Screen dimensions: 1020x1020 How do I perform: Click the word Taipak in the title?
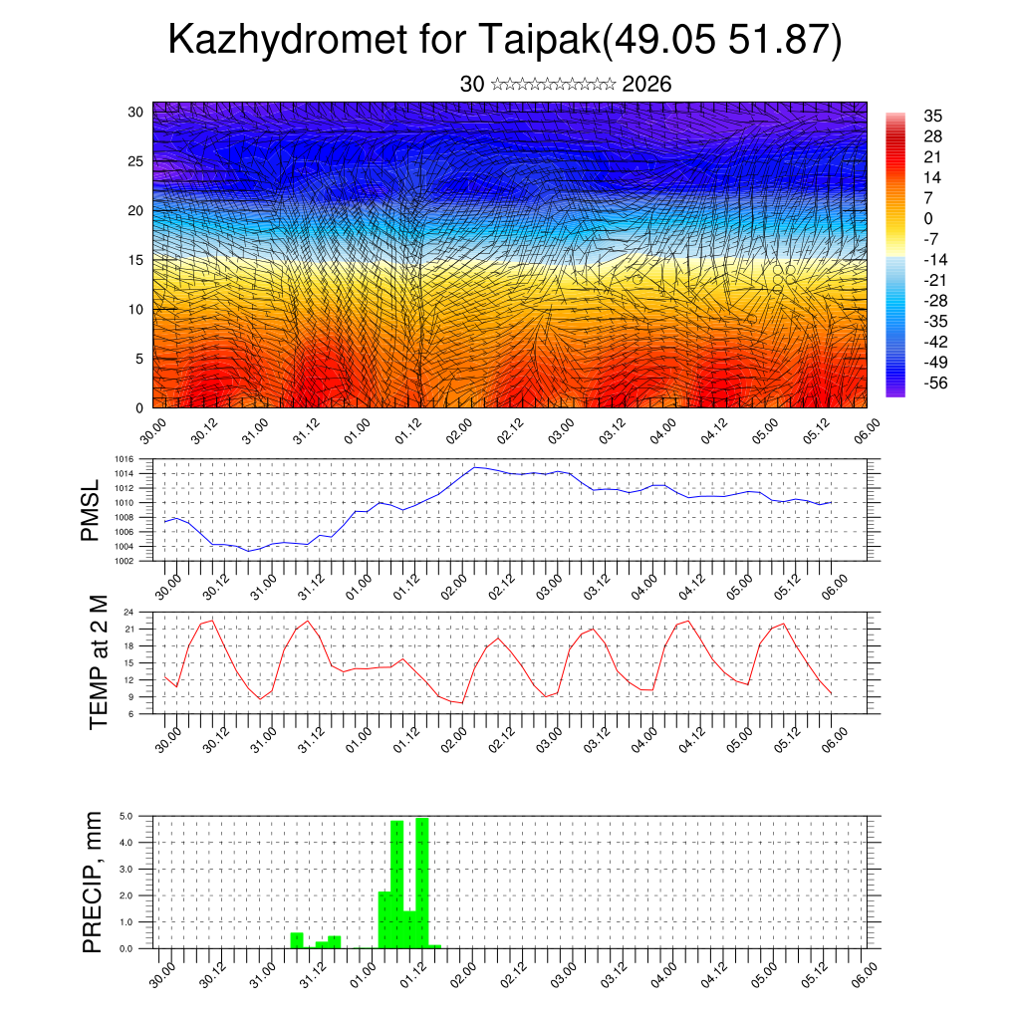(x=540, y=42)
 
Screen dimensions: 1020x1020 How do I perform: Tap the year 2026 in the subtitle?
(x=646, y=85)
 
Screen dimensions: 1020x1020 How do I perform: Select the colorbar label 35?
(x=933, y=116)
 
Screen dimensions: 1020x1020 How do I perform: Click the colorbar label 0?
(x=928, y=218)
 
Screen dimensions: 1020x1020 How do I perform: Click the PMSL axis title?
(x=91, y=511)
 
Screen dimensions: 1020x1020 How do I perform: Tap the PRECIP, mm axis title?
(x=93, y=881)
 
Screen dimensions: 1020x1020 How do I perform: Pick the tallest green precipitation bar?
(x=422, y=883)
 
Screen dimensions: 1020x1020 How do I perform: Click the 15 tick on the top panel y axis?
(x=136, y=259)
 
